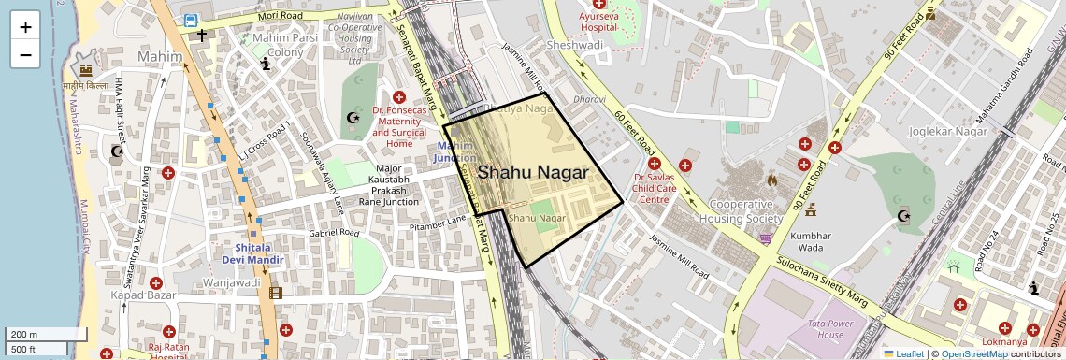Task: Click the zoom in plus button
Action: click(x=25, y=27)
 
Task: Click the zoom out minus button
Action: click(x=25, y=54)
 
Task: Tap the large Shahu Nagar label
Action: click(x=532, y=173)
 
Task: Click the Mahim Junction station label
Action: click(x=455, y=152)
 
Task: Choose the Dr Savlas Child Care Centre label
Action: click(x=667, y=188)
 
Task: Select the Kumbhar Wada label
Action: click(x=810, y=242)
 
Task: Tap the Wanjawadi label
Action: click(x=230, y=281)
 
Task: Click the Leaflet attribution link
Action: click(x=902, y=353)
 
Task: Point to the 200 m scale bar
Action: click(x=34, y=335)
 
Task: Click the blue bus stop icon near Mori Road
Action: click(x=191, y=20)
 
